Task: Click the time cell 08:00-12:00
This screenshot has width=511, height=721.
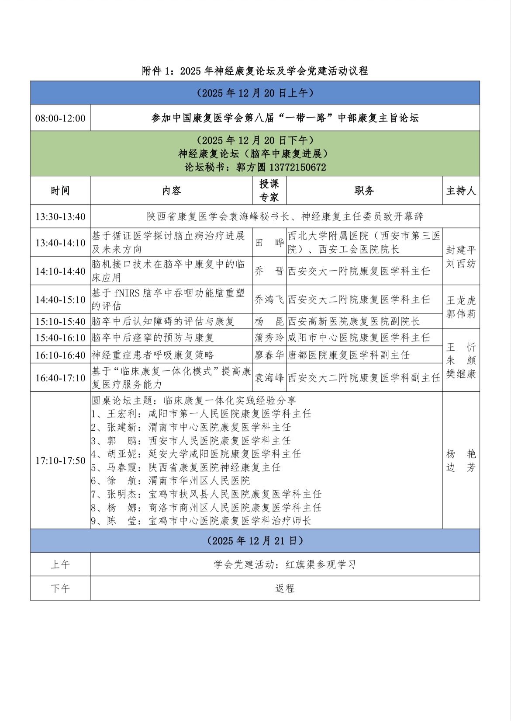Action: pyautogui.click(x=60, y=118)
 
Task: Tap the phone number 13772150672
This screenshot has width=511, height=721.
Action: pyautogui.click(x=297, y=167)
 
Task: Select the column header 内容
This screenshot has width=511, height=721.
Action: pyautogui.click(x=171, y=191)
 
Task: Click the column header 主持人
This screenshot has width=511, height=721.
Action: pyautogui.click(x=461, y=191)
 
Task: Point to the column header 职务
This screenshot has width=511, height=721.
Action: pyautogui.click(x=364, y=191)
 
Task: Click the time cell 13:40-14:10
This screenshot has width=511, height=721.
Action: pyautogui.click(x=60, y=243)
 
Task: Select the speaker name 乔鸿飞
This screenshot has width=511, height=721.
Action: pyautogui.click(x=269, y=300)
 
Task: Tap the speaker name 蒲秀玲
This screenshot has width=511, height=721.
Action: pyautogui.click(x=269, y=338)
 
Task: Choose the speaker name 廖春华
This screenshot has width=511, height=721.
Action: pyautogui.click(x=269, y=355)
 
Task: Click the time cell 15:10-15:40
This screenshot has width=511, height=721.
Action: pyautogui.click(x=60, y=321)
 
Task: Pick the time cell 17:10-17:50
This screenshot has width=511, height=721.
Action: pyautogui.click(x=60, y=460)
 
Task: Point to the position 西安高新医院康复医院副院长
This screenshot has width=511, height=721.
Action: pyautogui.click(x=354, y=321)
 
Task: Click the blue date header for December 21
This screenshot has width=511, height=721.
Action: pyautogui.click(x=255, y=541)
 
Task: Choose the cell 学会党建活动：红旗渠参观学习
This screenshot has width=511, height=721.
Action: pyautogui.click(x=285, y=564)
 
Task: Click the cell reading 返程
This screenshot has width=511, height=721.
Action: pyautogui.click(x=285, y=589)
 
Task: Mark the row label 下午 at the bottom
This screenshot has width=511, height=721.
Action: pyautogui.click(x=60, y=589)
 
